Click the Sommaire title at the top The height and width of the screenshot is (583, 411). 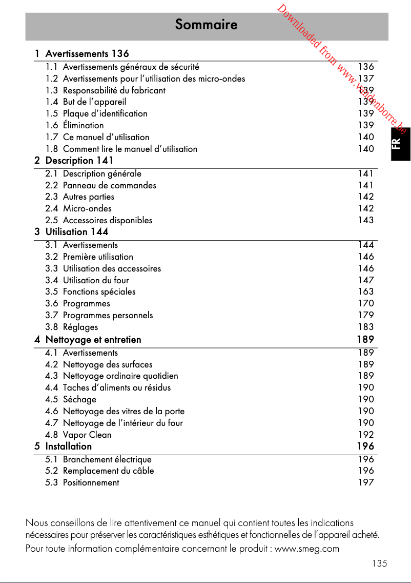point(206,25)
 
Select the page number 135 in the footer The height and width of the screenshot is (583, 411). point(380,563)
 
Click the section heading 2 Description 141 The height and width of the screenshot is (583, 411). point(74,161)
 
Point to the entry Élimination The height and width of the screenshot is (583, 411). point(83,125)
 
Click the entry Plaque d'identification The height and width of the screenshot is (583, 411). point(105,113)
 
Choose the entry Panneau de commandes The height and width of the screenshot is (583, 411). point(109,185)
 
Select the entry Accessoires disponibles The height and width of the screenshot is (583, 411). point(107,220)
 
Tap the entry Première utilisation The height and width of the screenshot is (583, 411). point(98,257)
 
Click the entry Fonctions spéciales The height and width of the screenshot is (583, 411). point(99,291)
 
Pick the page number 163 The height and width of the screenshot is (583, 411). point(366,291)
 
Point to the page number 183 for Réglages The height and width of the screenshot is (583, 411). point(366,327)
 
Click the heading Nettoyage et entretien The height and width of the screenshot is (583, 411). point(93,340)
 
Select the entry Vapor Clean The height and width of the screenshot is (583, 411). point(87,435)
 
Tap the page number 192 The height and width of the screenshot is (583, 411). point(366,435)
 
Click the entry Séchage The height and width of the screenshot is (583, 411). point(79,399)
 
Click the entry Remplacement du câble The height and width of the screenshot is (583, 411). point(108,471)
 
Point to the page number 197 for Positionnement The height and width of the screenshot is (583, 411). point(366,482)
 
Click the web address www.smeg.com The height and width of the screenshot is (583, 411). point(307,549)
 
